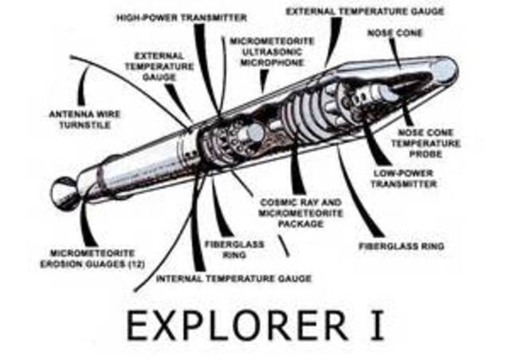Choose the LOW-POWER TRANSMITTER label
pyautogui.click(x=403, y=178)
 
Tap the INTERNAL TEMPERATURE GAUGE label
pyautogui.click(x=233, y=278)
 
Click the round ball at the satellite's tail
pyautogui.click(x=64, y=191)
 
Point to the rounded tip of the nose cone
pyautogui.click(x=446, y=70)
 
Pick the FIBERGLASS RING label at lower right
pyautogui.click(x=412, y=246)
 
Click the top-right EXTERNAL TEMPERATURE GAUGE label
pyautogui.click(x=365, y=12)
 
